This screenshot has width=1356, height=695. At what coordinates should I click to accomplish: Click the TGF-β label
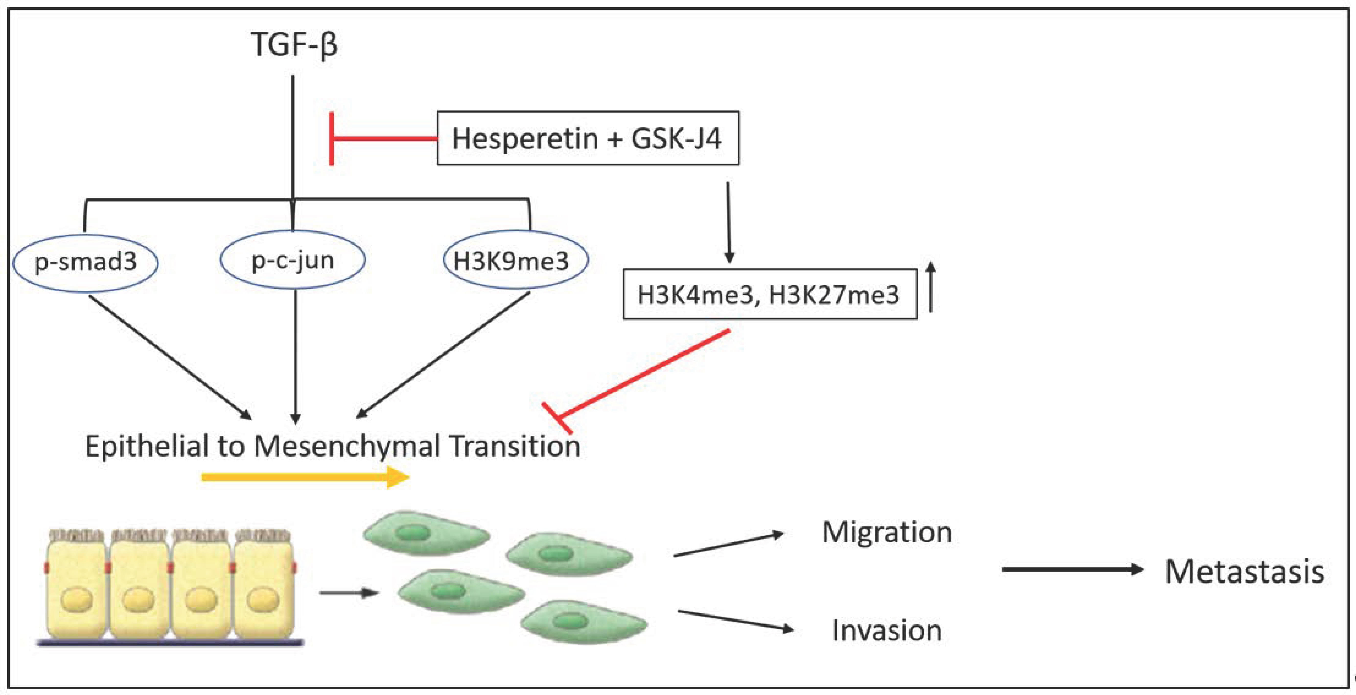pos(294,45)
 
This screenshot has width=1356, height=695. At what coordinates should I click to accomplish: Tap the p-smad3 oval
pos(85,262)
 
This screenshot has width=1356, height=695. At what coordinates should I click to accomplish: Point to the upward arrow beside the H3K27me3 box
pos(931,287)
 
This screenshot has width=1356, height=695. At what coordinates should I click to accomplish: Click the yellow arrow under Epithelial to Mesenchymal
pos(305,477)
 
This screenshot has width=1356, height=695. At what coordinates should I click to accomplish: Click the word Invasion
pos(887,630)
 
